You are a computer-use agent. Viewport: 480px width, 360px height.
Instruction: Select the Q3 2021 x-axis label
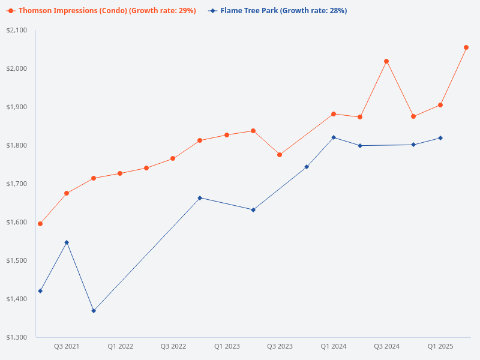[x=67, y=346]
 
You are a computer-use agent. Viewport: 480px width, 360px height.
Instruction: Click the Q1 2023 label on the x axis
[x=227, y=346]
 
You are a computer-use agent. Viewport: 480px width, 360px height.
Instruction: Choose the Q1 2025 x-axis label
[x=440, y=346]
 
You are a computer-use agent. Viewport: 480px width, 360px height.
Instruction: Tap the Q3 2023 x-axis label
[x=280, y=346]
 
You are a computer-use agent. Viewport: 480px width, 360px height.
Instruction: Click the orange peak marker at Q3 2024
[x=386, y=61]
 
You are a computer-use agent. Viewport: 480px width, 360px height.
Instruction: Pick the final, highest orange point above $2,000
[x=466, y=47]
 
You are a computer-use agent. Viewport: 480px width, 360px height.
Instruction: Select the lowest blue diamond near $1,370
[x=94, y=311]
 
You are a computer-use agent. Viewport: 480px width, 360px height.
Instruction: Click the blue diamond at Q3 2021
[x=67, y=242]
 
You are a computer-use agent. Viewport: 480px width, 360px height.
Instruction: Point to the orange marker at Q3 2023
[x=280, y=155]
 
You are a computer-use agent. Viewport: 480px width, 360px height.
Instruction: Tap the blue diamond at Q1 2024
[x=334, y=137]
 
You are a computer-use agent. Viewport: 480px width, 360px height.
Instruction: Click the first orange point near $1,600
[x=40, y=224]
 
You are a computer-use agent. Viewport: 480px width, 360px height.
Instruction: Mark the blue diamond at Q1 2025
[x=440, y=138]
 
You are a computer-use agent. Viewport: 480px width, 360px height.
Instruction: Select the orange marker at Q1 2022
[x=120, y=173]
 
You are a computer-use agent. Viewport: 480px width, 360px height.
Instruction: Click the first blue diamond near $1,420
[x=40, y=291]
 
